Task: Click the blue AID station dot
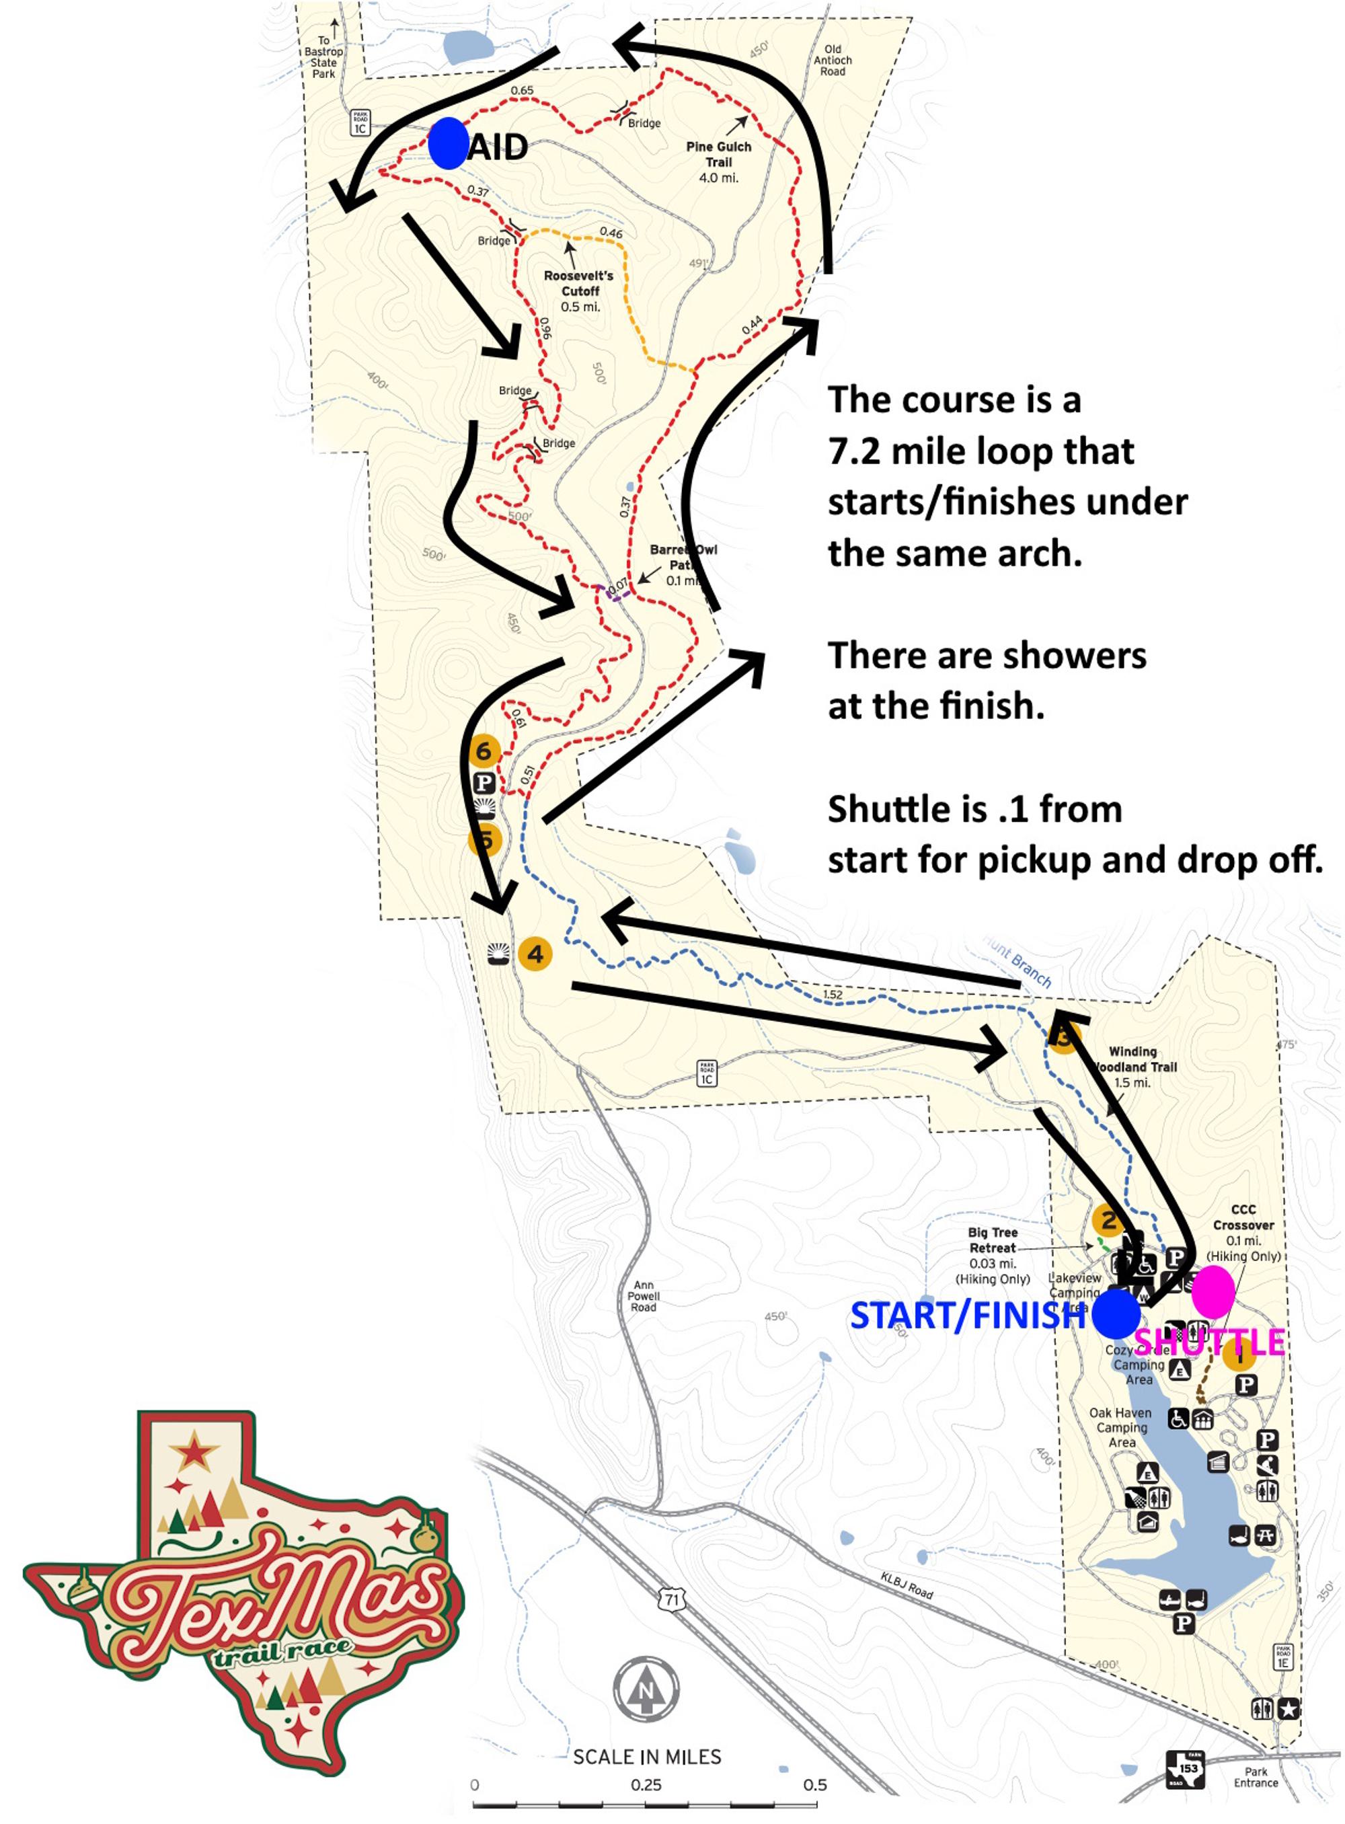click(x=448, y=143)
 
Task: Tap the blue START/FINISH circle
click(x=1116, y=1314)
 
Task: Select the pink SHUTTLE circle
click(x=1213, y=1291)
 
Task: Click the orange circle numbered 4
click(x=535, y=954)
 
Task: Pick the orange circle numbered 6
click(x=484, y=750)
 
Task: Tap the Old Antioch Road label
click(x=833, y=61)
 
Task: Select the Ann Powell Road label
click(x=643, y=1295)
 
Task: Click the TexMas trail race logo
click(x=244, y=1596)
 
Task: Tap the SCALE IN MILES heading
click(x=647, y=1757)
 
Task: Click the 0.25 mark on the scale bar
click(x=646, y=1785)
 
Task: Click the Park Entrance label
click(x=1256, y=1777)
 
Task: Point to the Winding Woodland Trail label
click(x=1133, y=1067)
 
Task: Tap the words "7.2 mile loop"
click(x=981, y=451)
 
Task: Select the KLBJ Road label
click(x=906, y=1585)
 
